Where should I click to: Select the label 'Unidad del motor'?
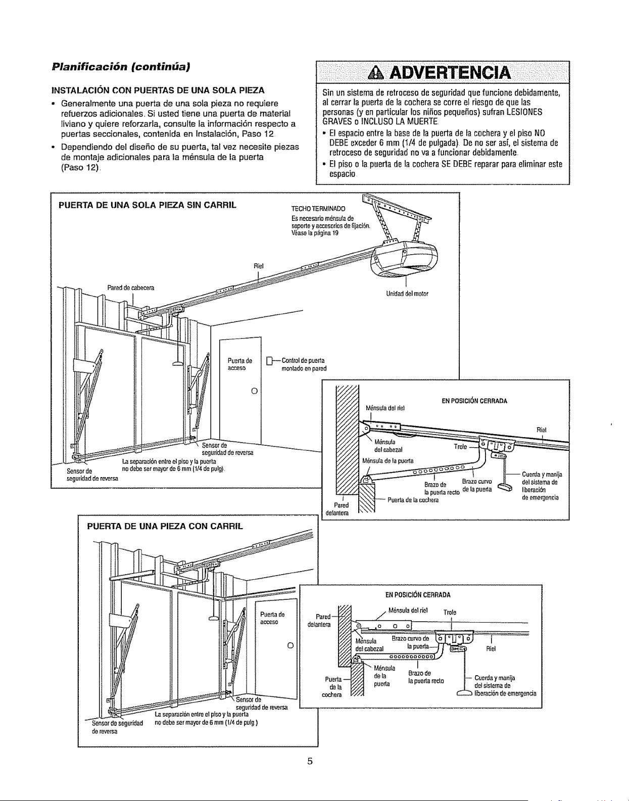(407, 294)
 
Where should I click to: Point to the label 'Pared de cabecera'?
(130, 288)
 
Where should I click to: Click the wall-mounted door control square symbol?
(269, 360)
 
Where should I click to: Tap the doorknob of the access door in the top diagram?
(254, 390)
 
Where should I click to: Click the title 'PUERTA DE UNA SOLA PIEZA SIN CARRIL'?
(148, 205)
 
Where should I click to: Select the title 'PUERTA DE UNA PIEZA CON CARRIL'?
(165, 526)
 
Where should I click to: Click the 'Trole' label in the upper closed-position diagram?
(460, 447)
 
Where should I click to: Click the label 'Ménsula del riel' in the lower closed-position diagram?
(408, 610)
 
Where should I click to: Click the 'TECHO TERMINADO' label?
(318, 209)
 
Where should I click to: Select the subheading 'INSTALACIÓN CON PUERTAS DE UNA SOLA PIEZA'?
(158, 90)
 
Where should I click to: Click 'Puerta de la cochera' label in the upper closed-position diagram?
(413, 500)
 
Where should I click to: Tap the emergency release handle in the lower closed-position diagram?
(464, 694)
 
